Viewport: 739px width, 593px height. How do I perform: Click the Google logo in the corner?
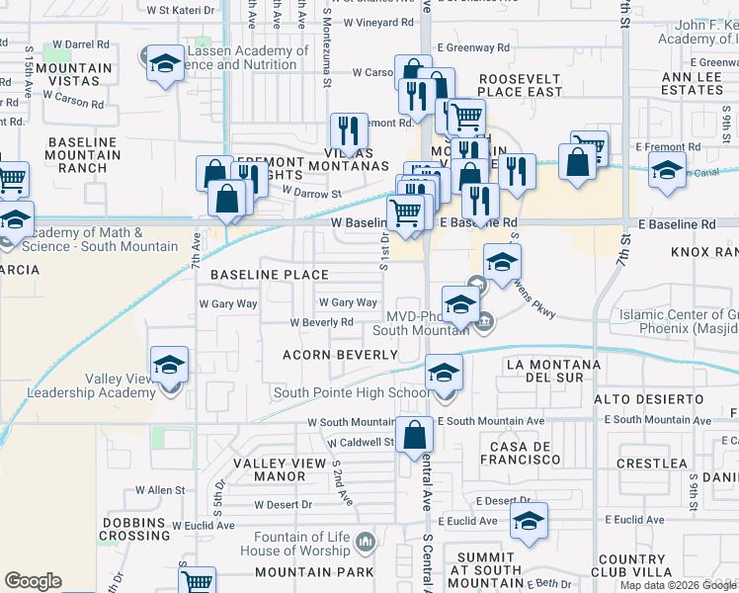click(x=33, y=581)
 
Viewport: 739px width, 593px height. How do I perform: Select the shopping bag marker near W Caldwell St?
click(x=416, y=435)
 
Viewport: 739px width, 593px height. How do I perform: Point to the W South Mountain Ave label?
click(x=357, y=422)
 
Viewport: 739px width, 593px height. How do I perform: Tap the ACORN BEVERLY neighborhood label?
click(x=340, y=354)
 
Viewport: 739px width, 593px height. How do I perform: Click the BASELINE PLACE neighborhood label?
click(x=269, y=274)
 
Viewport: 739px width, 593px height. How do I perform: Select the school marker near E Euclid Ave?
click(x=530, y=522)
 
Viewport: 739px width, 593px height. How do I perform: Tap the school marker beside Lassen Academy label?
click(x=166, y=65)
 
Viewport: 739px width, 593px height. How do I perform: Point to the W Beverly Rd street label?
click(x=321, y=323)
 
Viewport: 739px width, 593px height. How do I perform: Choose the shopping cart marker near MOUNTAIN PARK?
click(x=198, y=581)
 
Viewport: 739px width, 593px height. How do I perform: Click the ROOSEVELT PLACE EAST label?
click(x=520, y=85)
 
